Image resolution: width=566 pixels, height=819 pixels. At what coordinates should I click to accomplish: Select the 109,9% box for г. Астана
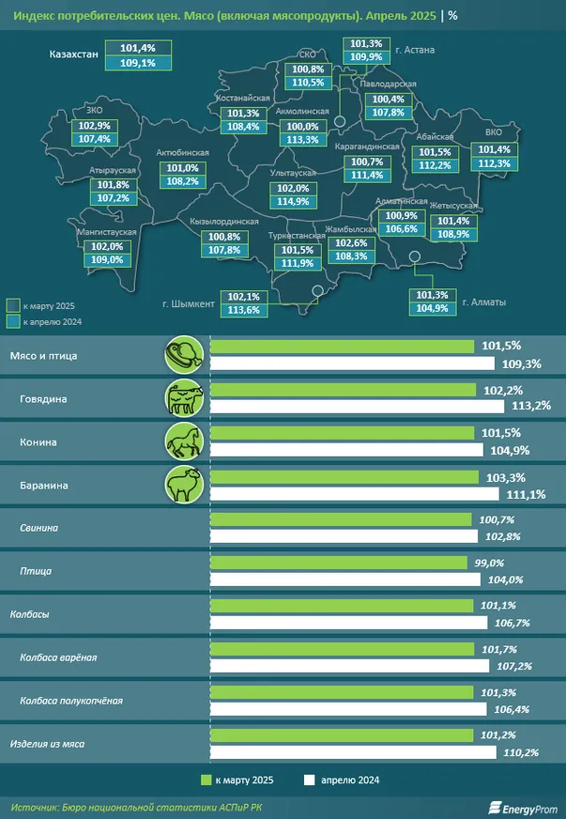tap(367, 57)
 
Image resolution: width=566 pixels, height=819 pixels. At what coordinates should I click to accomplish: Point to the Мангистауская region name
tap(108, 231)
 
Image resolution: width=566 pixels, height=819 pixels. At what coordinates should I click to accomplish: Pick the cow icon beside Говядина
tap(184, 397)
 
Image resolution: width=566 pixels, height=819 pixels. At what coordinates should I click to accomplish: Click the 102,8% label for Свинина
tap(502, 535)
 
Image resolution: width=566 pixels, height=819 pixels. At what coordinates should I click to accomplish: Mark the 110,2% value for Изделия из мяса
tap(514, 752)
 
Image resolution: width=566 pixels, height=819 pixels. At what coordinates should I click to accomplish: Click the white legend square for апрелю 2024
tap(308, 780)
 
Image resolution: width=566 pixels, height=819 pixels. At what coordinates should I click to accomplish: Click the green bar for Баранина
tap(348, 478)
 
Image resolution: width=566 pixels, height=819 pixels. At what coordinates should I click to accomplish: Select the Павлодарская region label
tap(389, 85)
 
